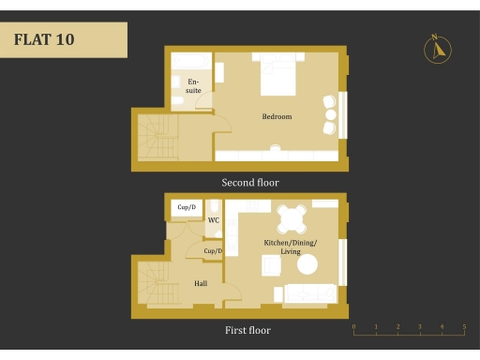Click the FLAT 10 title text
click(44, 40)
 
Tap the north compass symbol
click(437, 49)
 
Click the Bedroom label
click(277, 117)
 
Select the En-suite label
click(193, 86)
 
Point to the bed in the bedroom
click(277, 75)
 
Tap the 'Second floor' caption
click(249, 183)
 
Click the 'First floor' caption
click(248, 330)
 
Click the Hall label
click(201, 282)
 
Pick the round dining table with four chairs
click(292, 219)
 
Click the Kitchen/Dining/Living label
click(291, 247)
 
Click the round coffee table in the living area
click(307, 266)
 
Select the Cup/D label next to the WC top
click(187, 207)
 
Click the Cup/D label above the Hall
click(213, 251)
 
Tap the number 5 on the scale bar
click(464, 327)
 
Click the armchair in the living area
click(270, 266)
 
